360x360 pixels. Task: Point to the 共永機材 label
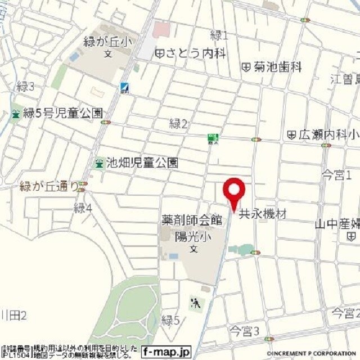pos(263,214)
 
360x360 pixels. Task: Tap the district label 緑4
pos(82,208)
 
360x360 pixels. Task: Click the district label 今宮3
pos(244,330)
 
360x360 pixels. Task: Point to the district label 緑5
pos(170,321)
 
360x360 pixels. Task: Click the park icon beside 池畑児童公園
pos(100,163)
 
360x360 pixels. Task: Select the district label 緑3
pos(26,86)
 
